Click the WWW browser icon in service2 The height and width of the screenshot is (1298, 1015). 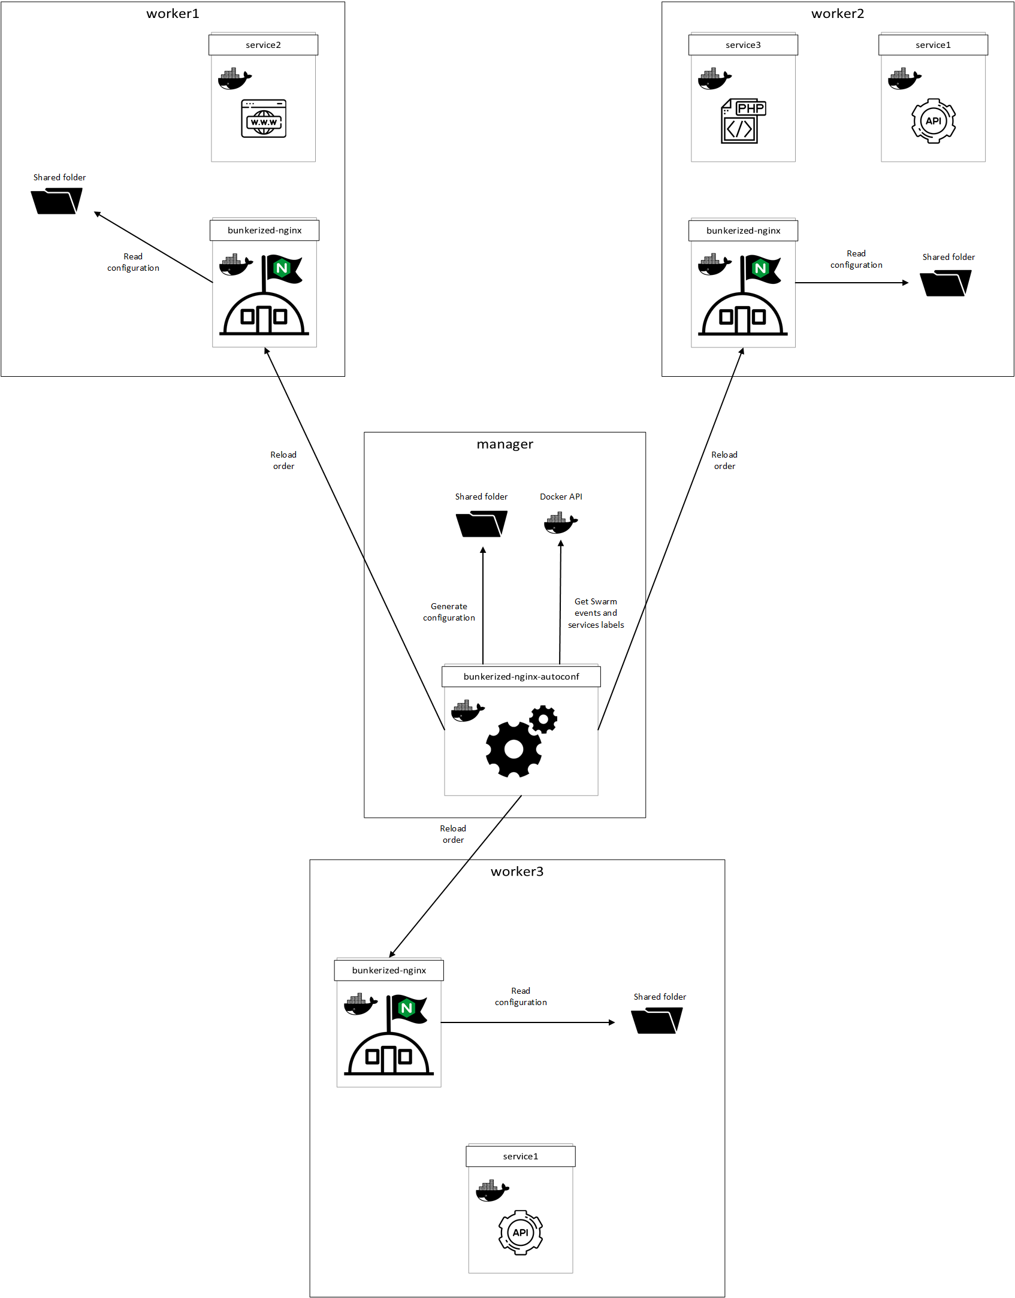[x=264, y=119]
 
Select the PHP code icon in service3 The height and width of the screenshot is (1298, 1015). [x=742, y=121]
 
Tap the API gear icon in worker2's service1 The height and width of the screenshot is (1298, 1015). [x=933, y=121]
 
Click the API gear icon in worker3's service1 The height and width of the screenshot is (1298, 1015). [x=520, y=1232]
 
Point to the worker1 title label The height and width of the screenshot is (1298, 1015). [x=173, y=14]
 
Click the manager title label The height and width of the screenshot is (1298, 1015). [x=505, y=444]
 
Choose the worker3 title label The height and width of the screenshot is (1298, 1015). [x=516, y=872]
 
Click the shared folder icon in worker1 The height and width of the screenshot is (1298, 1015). [x=56, y=201]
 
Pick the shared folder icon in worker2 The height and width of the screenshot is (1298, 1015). [x=945, y=283]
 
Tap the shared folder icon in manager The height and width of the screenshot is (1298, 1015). [x=481, y=524]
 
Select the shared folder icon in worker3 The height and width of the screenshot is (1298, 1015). [x=657, y=1021]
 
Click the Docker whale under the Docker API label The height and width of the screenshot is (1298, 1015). [x=560, y=523]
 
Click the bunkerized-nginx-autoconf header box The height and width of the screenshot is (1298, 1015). [x=521, y=676]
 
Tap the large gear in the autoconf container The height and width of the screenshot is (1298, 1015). [x=513, y=749]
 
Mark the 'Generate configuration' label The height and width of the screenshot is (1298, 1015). [x=449, y=612]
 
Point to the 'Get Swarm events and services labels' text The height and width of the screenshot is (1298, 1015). [x=596, y=613]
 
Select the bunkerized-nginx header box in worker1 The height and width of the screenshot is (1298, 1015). [x=264, y=231]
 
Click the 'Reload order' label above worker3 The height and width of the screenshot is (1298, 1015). [x=453, y=834]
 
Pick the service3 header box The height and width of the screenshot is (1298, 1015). [x=743, y=45]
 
